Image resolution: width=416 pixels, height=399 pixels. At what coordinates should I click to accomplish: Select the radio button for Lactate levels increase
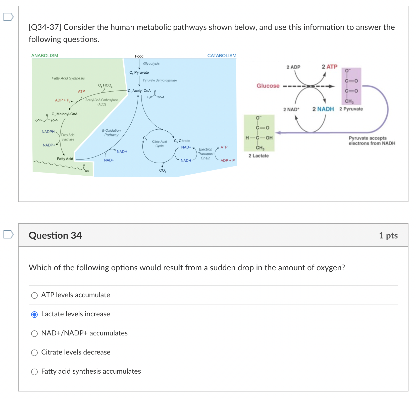click(34, 314)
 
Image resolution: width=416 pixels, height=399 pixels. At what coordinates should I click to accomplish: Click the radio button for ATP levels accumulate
click(34, 295)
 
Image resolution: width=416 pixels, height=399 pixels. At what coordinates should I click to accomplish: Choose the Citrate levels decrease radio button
click(34, 353)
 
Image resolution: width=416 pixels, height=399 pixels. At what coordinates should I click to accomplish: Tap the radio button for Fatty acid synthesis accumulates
click(34, 372)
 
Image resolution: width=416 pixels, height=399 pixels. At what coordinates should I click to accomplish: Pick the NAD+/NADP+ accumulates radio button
click(34, 333)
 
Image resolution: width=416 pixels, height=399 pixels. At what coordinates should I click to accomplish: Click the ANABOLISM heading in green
click(45, 56)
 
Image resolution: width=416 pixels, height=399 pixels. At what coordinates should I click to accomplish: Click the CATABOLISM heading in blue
click(222, 56)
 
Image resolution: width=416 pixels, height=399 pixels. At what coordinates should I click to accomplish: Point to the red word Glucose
click(268, 86)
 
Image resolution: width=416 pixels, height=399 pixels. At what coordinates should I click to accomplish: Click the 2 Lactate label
click(258, 156)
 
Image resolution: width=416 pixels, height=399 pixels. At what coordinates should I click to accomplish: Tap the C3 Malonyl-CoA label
click(65, 114)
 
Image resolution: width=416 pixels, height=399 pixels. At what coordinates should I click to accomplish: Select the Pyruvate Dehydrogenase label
click(160, 80)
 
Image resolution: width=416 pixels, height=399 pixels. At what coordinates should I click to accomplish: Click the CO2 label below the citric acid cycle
click(163, 170)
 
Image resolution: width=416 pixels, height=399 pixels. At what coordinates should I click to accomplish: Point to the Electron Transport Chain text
click(205, 154)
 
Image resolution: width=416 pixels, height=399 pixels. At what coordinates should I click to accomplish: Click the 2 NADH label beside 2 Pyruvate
click(323, 109)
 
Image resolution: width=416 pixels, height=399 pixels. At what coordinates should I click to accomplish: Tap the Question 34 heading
click(55, 235)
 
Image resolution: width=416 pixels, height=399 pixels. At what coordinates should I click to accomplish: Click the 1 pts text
click(388, 235)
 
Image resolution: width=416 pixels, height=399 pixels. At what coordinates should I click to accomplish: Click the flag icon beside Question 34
click(8, 234)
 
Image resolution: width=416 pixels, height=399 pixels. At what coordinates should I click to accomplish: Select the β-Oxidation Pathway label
click(111, 133)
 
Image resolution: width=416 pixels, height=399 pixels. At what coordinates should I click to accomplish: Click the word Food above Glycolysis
click(139, 56)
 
